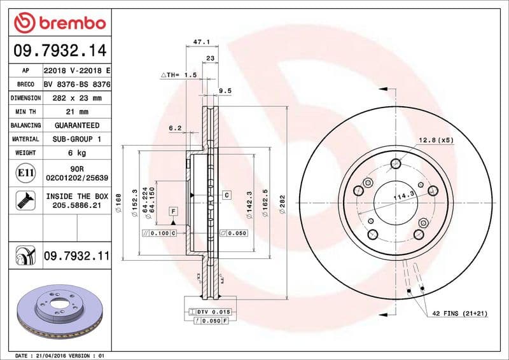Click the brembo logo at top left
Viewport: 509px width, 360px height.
[59, 23]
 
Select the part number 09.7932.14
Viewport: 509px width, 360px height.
[59, 50]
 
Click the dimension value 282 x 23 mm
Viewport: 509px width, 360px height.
[76, 98]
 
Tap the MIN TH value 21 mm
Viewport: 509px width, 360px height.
[76, 112]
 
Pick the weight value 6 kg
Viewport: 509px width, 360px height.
[76, 153]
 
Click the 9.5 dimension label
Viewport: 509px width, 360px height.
[225, 91]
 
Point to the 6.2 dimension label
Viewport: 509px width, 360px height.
[175, 128]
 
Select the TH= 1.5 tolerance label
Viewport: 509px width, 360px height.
[180, 74]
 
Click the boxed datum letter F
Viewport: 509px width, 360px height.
[172, 211]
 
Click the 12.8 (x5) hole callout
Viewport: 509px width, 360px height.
[435, 140]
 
